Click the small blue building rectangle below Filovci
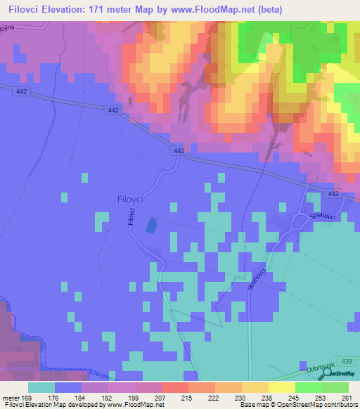(x=150, y=226)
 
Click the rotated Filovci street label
(x=131, y=219)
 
